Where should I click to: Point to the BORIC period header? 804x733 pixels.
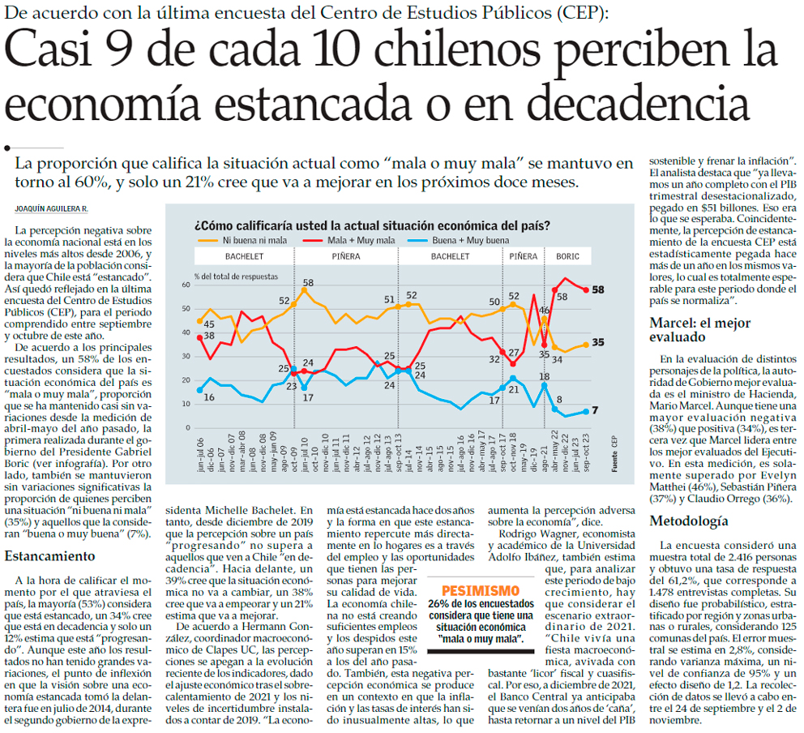click(x=567, y=256)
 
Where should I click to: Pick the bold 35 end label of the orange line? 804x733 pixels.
click(x=599, y=343)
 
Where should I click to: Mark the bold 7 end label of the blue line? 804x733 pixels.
click(x=594, y=410)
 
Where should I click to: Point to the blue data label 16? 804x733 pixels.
click(x=209, y=397)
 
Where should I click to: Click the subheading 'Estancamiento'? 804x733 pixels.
click(x=49, y=556)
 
